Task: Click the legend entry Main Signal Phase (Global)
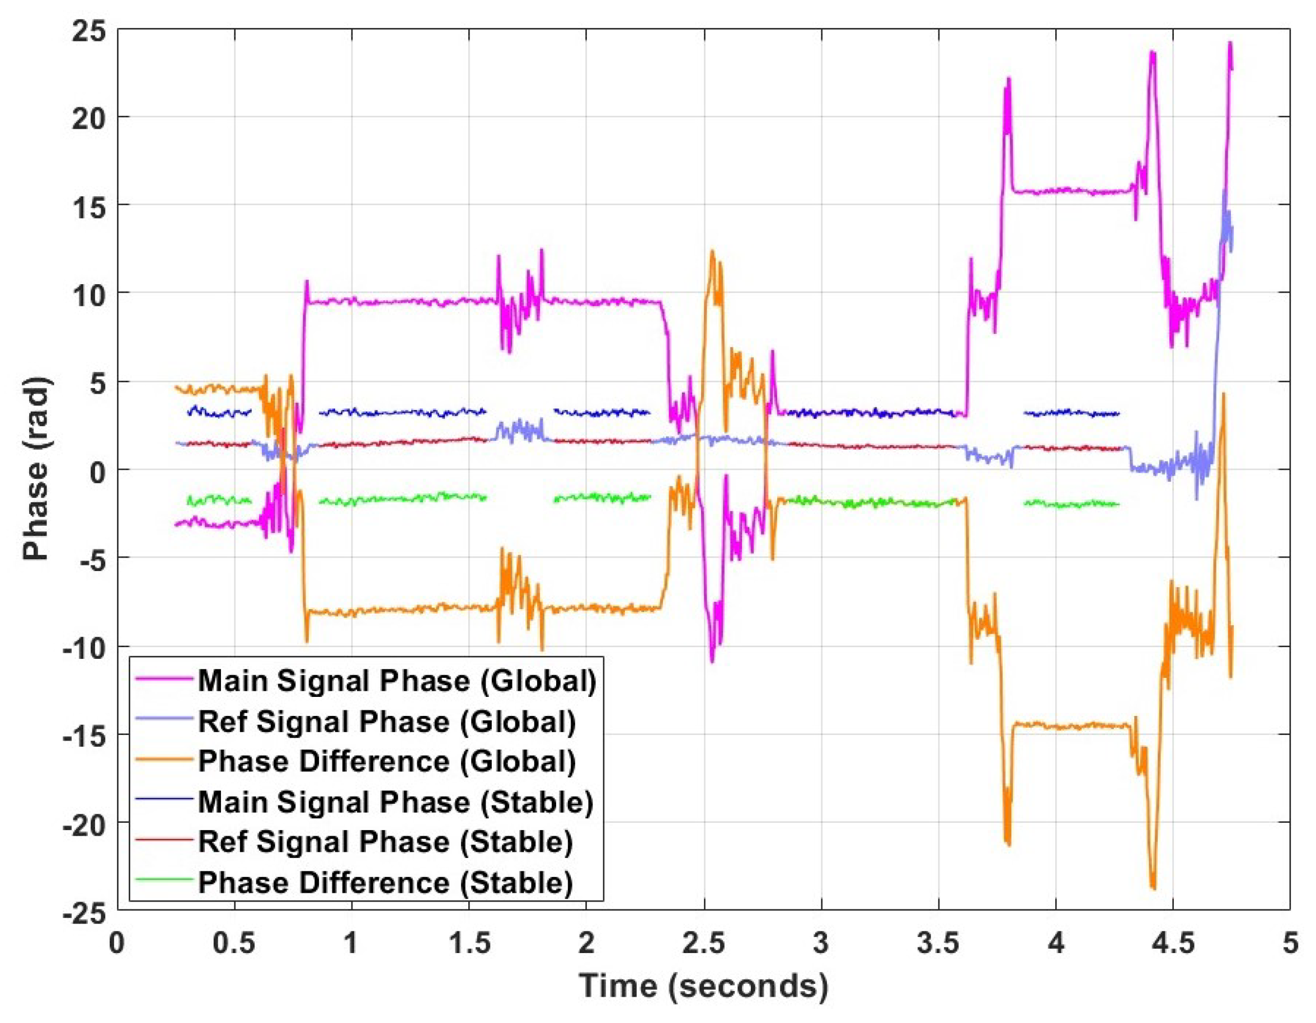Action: (397, 681)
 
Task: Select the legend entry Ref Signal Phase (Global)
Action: (387, 721)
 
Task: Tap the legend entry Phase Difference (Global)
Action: (387, 762)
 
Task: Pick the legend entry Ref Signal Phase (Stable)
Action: (386, 842)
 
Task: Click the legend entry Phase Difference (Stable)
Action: (386, 883)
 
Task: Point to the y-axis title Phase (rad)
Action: (36, 469)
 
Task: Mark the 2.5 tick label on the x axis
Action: (704, 944)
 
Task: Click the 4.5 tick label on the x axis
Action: (1173, 944)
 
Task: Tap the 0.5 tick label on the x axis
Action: (234, 944)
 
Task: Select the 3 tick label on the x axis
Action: (821, 944)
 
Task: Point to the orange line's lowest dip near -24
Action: (1153, 888)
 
